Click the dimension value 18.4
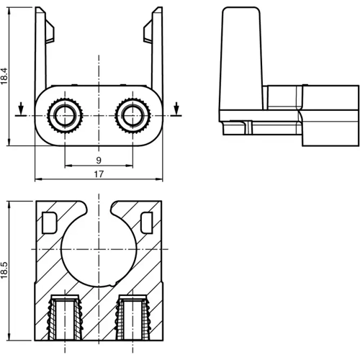pos(4,76)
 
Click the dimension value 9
pos(99,161)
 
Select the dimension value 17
pos(99,174)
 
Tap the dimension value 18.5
pos(4,270)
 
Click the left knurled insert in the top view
pos(65,115)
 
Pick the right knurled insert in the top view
pos(132,115)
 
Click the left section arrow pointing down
pos(21,109)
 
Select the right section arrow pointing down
pos(176,109)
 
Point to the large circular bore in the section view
pos(99,250)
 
